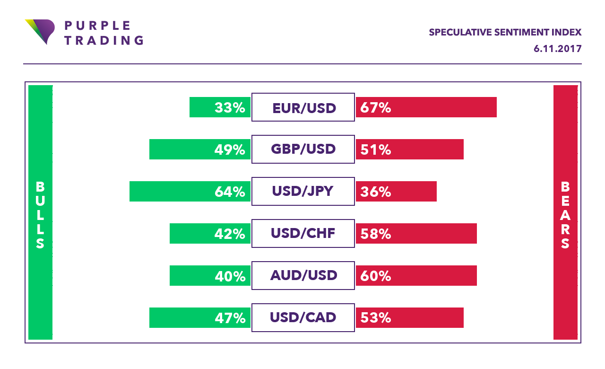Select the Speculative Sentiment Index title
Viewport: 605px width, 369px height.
pyautogui.click(x=505, y=32)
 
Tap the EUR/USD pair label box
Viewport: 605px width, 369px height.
pyautogui.click(x=303, y=107)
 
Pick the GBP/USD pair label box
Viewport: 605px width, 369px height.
pyautogui.click(x=303, y=149)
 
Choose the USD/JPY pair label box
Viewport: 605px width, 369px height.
pyautogui.click(x=303, y=191)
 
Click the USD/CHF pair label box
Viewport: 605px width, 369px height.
pyautogui.click(x=303, y=233)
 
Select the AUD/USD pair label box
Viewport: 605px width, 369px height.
pyautogui.click(x=303, y=275)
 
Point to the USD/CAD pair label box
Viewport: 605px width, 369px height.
pyautogui.click(x=303, y=317)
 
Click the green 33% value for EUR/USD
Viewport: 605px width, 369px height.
pyautogui.click(x=230, y=108)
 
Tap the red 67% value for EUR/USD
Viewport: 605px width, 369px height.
pyautogui.click(x=376, y=108)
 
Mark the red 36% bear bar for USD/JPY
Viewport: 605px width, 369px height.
pyautogui.click(x=396, y=191)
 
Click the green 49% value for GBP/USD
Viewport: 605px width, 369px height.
pyautogui.click(x=230, y=149)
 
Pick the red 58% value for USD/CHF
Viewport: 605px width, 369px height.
pyautogui.click(x=376, y=234)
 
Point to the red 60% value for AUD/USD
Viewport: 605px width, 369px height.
pyautogui.click(x=376, y=275)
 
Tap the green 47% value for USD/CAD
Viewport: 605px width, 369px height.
pyautogui.click(x=230, y=317)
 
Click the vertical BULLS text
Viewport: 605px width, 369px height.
pyautogui.click(x=40, y=215)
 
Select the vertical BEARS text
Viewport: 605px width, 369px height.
pyautogui.click(x=565, y=215)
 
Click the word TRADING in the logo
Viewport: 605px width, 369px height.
pyautogui.click(x=104, y=40)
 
